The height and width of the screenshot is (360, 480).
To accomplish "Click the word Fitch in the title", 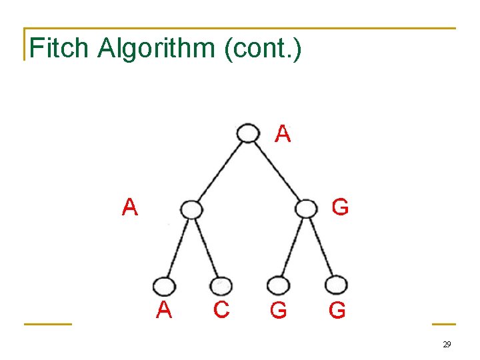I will pos(59,48).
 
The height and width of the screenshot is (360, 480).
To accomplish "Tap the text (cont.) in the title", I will pos(263,48).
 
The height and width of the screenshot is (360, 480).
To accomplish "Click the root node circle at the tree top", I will pos(248,133).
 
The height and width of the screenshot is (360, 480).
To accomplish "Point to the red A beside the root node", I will pos(283,135).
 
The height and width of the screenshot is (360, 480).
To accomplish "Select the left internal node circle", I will pos(191,209).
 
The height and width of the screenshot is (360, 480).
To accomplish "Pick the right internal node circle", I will pos(306,209).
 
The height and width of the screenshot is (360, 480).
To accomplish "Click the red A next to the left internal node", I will pos(130,208).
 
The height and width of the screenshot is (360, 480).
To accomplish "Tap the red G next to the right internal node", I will pos(340,208).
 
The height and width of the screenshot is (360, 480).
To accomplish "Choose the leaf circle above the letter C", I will pos(221,285).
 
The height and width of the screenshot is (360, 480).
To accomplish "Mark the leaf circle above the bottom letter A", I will pos(163,286).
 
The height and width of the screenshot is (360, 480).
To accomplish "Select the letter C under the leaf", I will pos(221,310).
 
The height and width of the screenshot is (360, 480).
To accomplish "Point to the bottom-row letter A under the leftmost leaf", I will pos(164,310).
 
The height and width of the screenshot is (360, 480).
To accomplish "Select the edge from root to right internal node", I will pos(278,171).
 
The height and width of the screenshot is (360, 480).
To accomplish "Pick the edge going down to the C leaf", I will pos(206,247).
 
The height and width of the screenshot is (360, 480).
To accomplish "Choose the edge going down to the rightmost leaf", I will pos(323,247).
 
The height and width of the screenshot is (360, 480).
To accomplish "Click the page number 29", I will pos(447,345).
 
